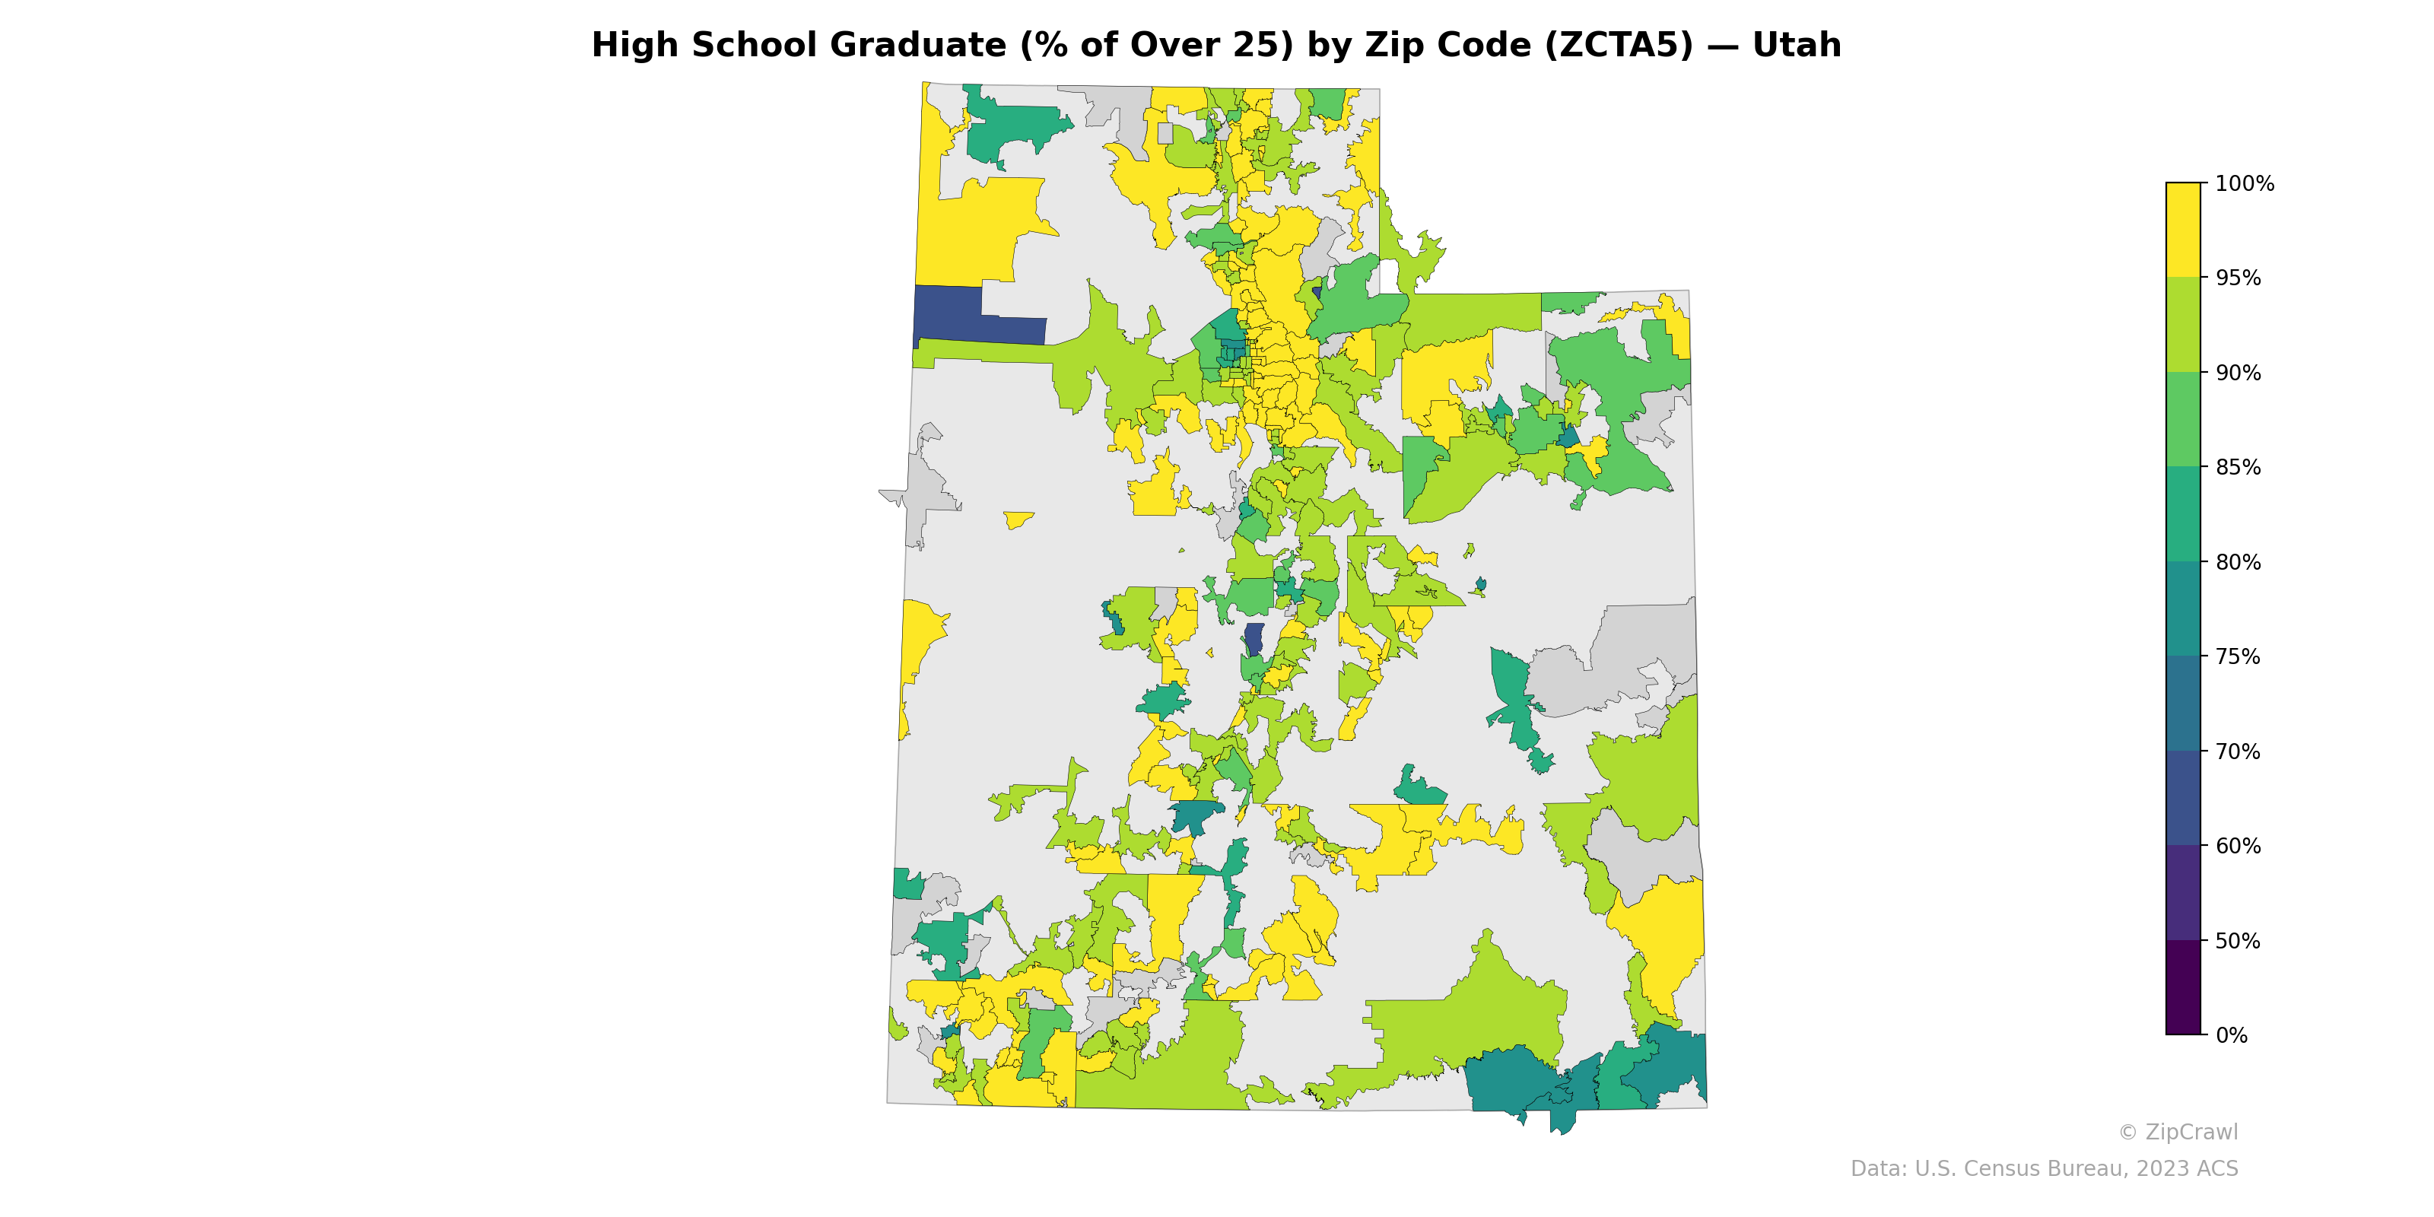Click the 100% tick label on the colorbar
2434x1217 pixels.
(2244, 183)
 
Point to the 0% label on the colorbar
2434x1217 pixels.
(2231, 1035)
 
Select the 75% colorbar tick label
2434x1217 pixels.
(2238, 656)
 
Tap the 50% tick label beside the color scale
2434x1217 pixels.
(2238, 941)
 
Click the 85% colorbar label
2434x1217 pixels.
(2238, 468)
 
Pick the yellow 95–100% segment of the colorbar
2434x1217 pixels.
(2183, 230)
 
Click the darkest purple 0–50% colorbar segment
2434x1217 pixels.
(2183, 987)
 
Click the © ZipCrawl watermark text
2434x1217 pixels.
(2178, 1132)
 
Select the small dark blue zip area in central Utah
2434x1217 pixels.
(1254, 638)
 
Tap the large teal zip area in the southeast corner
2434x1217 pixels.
(1512, 1082)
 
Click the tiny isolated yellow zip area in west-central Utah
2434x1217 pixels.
(1018, 519)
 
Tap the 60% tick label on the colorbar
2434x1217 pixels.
(2238, 846)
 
